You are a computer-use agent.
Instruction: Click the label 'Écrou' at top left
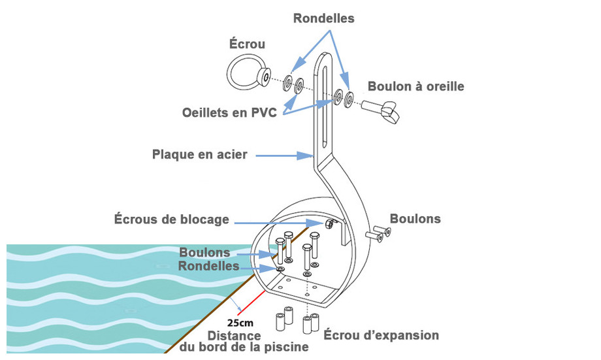(x=248, y=44)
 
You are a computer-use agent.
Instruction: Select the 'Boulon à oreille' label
(x=416, y=86)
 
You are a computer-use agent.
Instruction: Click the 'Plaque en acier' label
(x=200, y=155)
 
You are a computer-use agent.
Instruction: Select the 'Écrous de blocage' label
(x=172, y=220)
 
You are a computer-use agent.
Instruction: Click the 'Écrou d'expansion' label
(x=382, y=335)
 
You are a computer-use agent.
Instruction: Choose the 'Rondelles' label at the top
(x=324, y=18)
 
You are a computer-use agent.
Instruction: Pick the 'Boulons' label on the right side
(x=415, y=218)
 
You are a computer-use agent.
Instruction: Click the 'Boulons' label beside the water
(x=204, y=252)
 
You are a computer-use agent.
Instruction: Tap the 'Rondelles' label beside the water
(x=208, y=267)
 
